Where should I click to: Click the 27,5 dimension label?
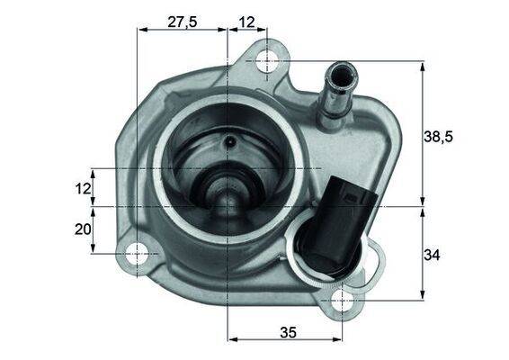[183, 22]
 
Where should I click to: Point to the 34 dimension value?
[432, 256]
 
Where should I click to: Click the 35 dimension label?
[288, 331]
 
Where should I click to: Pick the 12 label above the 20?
[83, 188]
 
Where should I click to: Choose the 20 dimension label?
[83, 229]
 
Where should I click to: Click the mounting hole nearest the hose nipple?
[267, 61]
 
